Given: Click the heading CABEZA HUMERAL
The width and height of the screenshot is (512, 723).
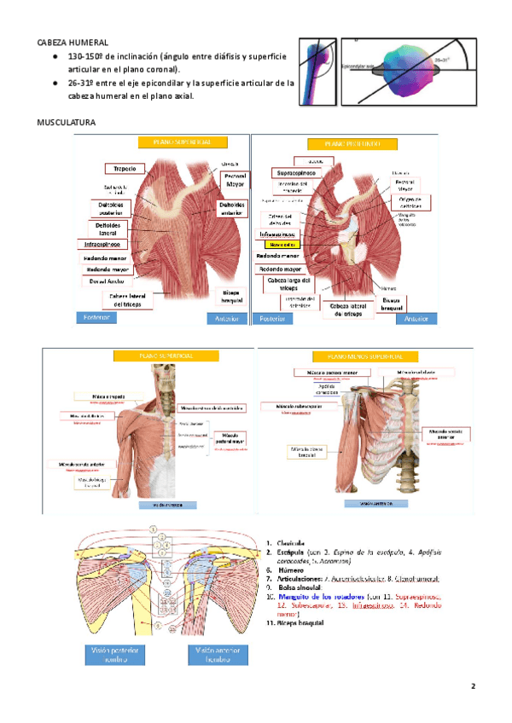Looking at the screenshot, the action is point(72,41).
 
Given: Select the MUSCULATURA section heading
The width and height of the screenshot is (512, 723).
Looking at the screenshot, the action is point(65,123).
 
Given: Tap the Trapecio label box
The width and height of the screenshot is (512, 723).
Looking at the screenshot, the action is point(125,169).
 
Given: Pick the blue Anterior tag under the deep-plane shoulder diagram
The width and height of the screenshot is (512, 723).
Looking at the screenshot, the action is point(416,319).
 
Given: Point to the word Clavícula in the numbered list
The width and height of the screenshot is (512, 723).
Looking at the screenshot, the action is point(295,542).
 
